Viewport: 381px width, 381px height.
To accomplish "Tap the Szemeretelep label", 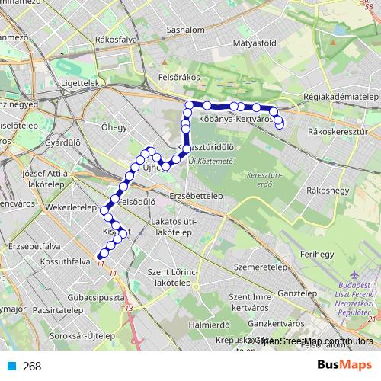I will (x=259, y=268).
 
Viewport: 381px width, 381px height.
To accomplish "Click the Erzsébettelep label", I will (x=196, y=195).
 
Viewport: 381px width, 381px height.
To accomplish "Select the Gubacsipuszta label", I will (x=96, y=297).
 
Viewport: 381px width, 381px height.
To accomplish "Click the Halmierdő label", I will (x=209, y=324).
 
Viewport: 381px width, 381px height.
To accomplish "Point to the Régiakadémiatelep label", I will (x=341, y=98).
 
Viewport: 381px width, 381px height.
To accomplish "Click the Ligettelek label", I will (x=80, y=82).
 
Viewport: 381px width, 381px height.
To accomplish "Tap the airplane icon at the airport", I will (x=353, y=274).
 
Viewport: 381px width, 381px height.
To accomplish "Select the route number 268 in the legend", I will (x=31, y=366).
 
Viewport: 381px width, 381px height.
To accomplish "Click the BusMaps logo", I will (x=345, y=365).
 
